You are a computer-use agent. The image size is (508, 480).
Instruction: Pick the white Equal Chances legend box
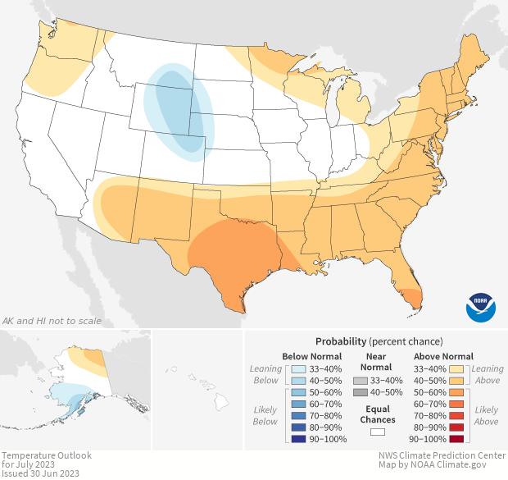tap(378, 430)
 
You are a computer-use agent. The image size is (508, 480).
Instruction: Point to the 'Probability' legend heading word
tap(341, 341)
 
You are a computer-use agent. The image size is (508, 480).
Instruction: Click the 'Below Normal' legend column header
tap(311, 357)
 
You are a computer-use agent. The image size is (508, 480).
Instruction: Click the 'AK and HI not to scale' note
tap(48, 321)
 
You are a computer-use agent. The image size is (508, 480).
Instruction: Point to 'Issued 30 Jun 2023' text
tap(41, 473)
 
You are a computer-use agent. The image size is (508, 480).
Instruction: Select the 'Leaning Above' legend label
tap(488, 375)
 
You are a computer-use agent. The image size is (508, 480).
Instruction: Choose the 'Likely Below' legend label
tap(265, 416)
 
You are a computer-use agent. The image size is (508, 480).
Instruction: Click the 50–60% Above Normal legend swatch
tap(456, 393)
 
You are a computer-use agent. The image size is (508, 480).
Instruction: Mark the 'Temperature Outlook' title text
tap(46, 455)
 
